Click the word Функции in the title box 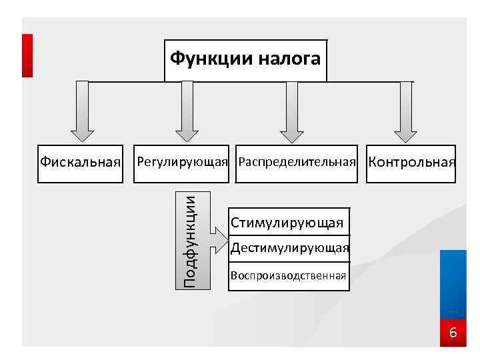[x=207, y=59]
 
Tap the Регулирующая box [x=182, y=162]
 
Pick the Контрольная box [x=411, y=162]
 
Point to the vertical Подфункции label [x=191, y=240]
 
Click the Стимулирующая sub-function [x=287, y=223]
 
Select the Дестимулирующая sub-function [x=289, y=249]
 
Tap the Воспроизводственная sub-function [x=288, y=275]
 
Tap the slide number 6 [x=453, y=332]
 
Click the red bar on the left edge [x=27, y=55]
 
